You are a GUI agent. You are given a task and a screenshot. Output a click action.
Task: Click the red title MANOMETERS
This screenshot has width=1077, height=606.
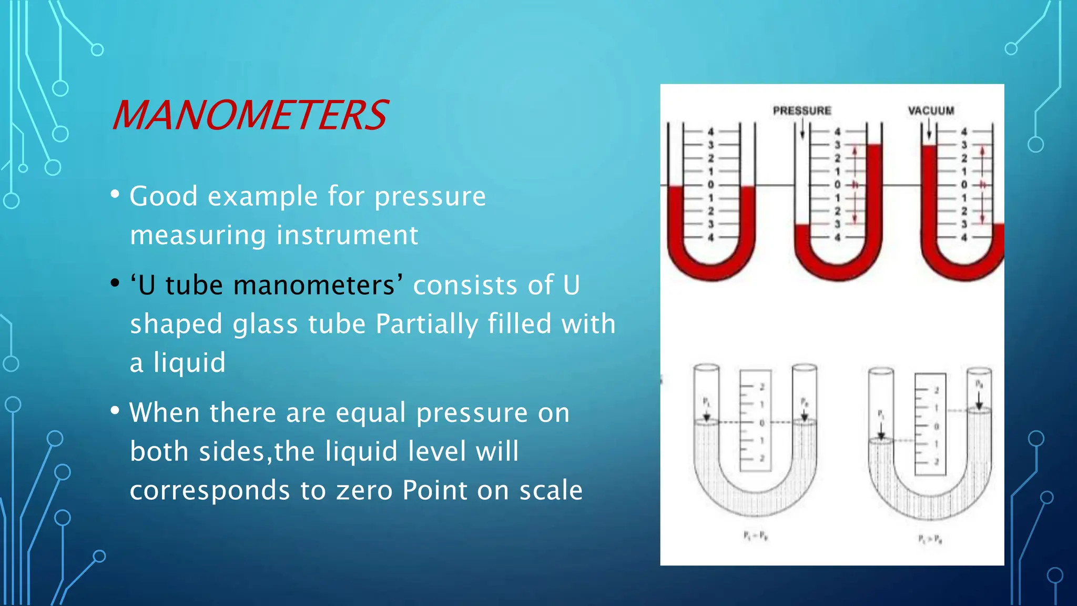click(250, 115)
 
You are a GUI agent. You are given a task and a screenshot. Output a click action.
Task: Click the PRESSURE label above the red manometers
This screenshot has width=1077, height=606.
click(801, 110)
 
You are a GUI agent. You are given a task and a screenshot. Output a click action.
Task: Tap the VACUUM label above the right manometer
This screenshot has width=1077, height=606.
click(931, 110)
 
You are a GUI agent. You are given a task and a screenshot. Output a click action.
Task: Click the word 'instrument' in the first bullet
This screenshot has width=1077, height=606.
click(347, 235)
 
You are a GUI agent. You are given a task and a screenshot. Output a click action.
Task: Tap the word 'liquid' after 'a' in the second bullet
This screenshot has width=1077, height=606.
click(189, 362)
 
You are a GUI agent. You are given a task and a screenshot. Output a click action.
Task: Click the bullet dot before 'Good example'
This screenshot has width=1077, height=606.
click(115, 194)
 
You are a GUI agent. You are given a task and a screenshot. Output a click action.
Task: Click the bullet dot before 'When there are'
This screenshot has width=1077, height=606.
click(115, 411)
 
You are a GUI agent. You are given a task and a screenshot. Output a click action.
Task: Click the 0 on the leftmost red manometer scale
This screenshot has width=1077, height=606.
click(710, 185)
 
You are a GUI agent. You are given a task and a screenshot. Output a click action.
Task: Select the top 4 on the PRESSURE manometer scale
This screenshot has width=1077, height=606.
click(838, 132)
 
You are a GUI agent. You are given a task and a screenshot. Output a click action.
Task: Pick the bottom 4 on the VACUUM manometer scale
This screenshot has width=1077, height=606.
click(964, 238)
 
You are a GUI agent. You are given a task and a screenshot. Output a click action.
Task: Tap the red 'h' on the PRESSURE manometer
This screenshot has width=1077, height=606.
click(855, 185)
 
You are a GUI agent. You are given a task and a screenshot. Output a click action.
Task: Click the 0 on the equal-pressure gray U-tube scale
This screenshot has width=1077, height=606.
click(762, 423)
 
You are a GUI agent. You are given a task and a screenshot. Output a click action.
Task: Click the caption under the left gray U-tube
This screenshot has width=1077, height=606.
click(756, 536)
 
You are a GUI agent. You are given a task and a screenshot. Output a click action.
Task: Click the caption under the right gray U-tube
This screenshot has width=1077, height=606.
click(930, 538)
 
